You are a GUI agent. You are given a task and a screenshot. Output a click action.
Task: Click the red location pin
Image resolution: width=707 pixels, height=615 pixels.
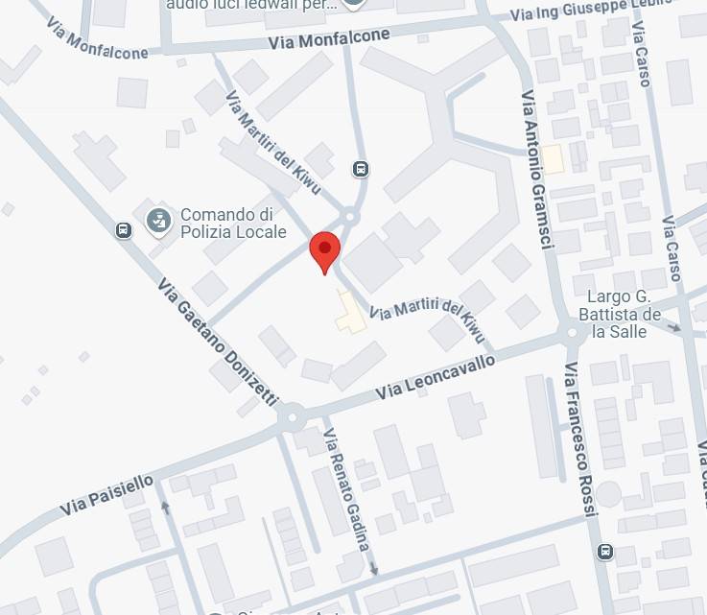(x=324, y=252)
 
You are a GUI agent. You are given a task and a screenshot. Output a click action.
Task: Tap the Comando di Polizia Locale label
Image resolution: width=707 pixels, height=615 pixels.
(x=233, y=223)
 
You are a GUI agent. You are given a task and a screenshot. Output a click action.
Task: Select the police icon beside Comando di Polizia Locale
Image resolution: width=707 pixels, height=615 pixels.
(x=158, y=223)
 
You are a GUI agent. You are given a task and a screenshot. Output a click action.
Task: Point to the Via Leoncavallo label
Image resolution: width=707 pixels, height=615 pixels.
(x=436, y=377)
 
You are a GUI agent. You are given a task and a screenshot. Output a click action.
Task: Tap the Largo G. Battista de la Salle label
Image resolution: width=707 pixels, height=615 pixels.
(x=624, y=314)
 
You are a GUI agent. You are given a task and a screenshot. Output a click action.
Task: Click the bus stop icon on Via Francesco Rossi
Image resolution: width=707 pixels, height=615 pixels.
(x=604, y=552)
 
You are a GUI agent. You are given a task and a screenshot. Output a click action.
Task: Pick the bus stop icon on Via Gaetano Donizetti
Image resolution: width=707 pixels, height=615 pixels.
(x=123, y=230)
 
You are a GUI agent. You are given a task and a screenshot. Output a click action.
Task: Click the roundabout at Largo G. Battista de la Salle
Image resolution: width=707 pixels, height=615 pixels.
(x=573, y=333)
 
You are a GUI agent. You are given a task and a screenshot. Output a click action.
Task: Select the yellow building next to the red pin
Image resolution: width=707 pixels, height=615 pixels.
(x=350, y=313)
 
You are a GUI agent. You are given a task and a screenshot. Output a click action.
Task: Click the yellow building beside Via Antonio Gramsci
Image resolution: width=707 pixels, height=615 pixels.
(x=553, y=159)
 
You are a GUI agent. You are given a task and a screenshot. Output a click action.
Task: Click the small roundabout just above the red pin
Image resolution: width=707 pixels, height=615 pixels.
(x=350, y=217)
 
